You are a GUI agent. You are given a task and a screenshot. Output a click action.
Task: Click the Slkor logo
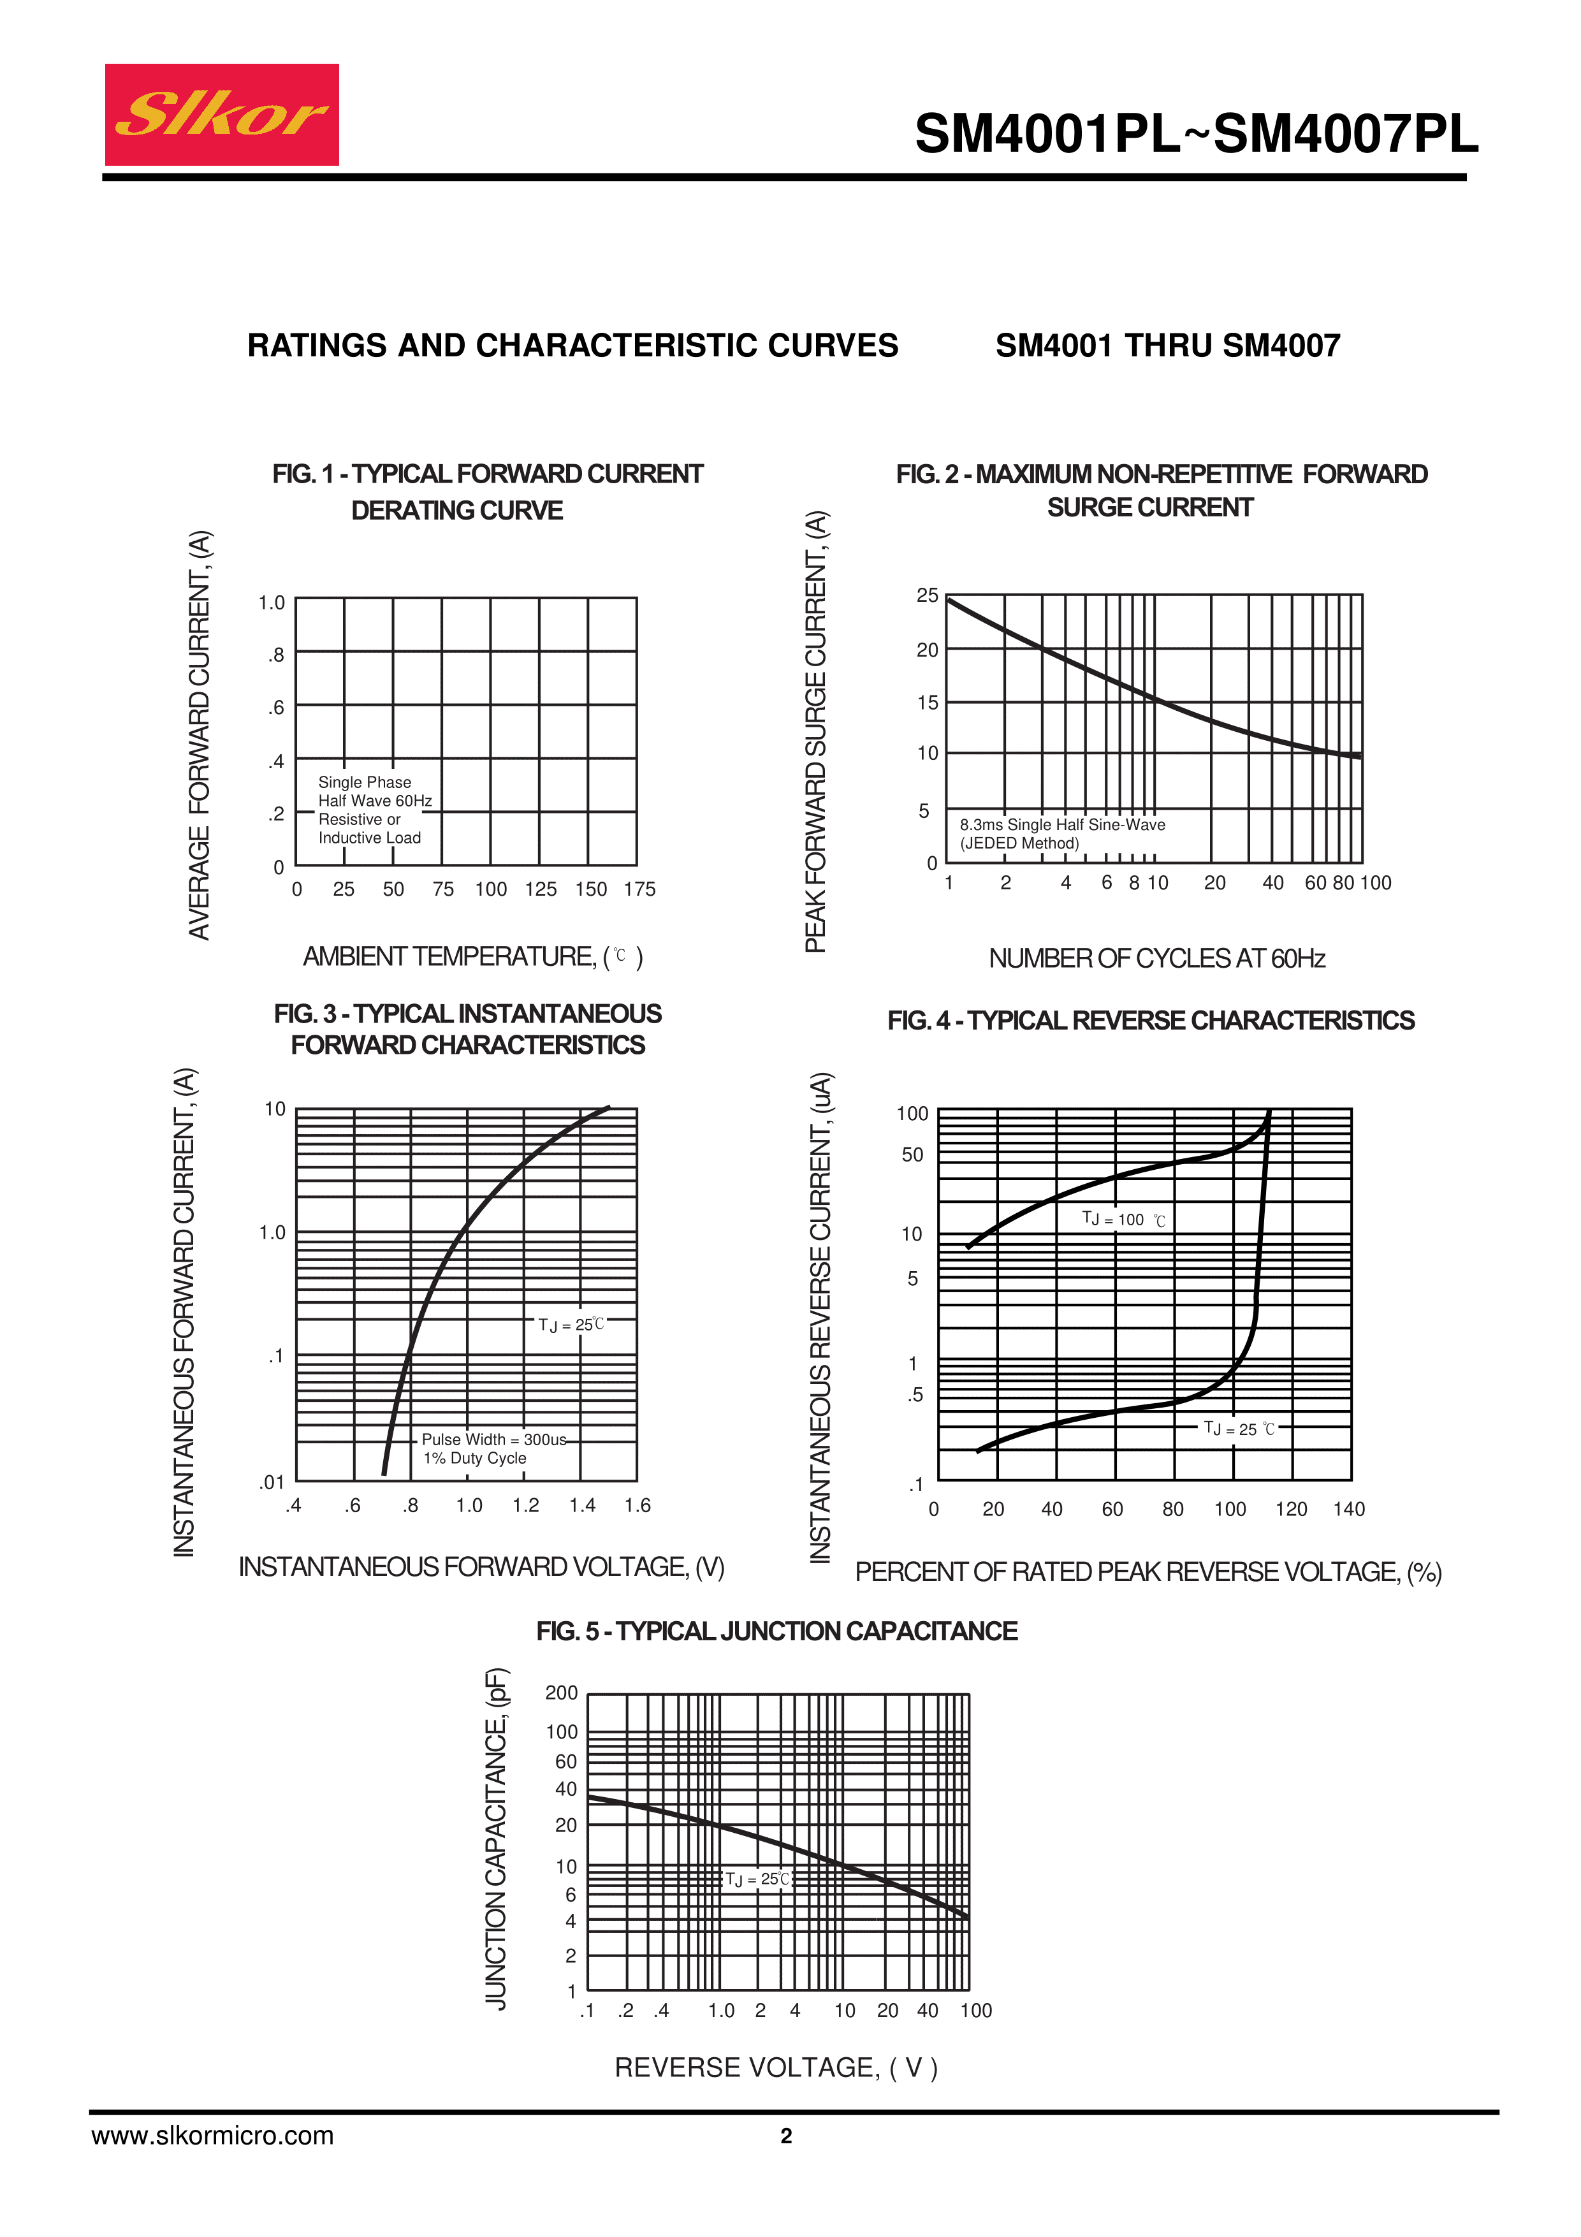221,115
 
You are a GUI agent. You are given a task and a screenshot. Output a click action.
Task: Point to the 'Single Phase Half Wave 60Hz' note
374,791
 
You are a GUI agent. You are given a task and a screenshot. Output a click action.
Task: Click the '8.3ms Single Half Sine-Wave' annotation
1062,824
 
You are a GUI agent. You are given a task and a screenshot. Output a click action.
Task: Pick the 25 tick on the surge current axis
928,595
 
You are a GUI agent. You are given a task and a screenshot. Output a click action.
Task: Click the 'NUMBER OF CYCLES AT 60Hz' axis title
1156,959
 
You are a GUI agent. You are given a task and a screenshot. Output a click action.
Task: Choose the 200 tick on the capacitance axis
562,1693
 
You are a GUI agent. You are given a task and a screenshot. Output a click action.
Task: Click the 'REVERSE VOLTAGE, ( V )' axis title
775,2067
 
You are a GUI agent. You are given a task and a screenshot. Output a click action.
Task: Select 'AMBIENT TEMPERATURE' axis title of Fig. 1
472,957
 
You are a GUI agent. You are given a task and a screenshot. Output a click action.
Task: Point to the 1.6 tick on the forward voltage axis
637,1505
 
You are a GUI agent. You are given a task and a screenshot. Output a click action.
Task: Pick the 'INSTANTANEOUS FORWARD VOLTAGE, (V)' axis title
481,1567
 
